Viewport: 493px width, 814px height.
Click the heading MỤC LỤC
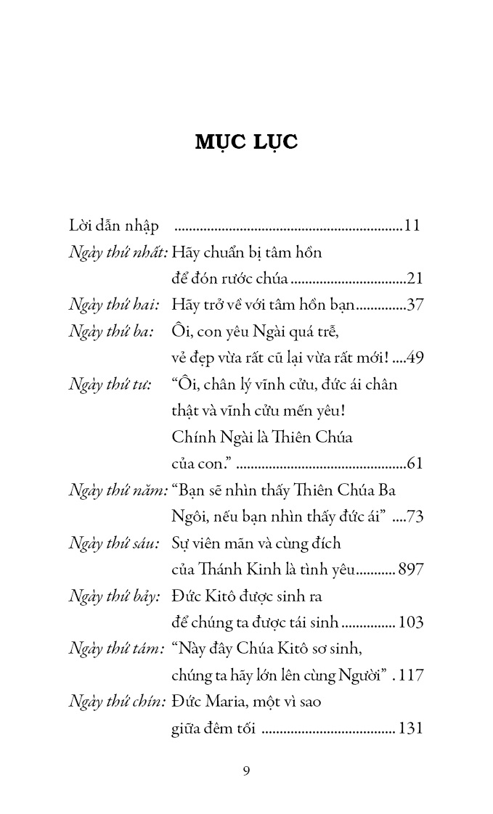coord(246,142)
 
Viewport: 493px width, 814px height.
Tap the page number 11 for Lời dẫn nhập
coord(412,226)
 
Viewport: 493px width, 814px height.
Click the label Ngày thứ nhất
coord(118,253)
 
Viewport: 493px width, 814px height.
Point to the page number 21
coord(415,279)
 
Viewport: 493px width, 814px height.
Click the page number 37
coord(415,305)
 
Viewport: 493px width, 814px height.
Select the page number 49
coord(415,358)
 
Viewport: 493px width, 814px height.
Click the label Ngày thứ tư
coord(110,384)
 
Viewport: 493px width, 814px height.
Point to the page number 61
coord(415,462)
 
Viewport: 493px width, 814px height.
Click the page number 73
coord(415,516)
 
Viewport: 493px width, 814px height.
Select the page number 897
coord(410,570)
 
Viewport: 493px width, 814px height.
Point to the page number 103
coord(410,622)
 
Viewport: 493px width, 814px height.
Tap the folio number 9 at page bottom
coord(247,770)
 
